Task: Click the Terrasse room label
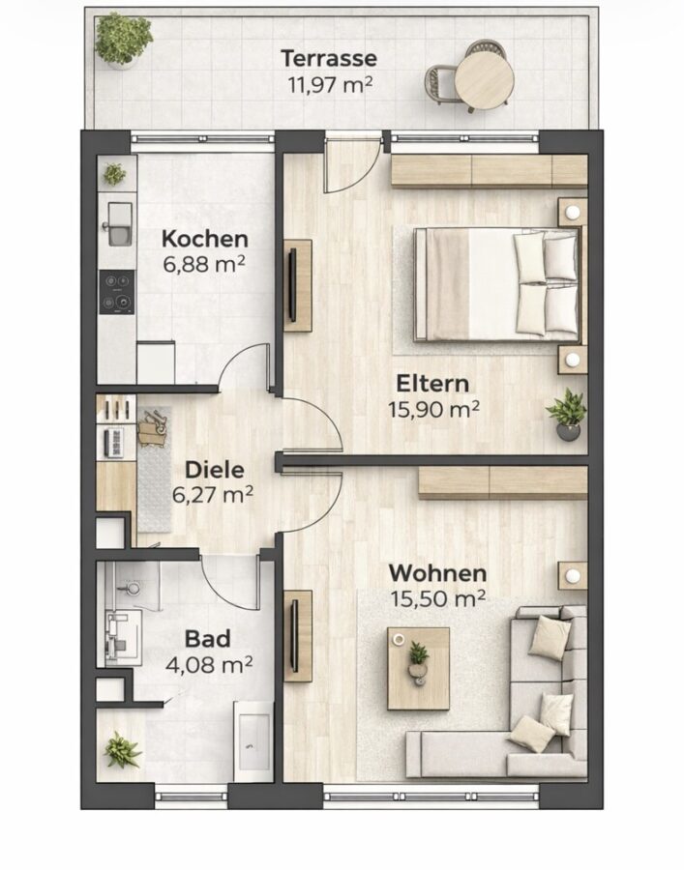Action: coord(329,58)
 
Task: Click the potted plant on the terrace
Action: coord(123,40)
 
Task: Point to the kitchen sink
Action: coord(119,224)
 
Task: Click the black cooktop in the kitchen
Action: coord(117,292)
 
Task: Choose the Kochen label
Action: coord(205,239)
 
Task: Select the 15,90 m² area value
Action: coord(433,410)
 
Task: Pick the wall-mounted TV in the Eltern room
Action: coord(292,284)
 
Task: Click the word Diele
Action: coord(215,470)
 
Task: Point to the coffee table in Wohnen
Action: coord(419,669)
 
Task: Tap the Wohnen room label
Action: coord(437,573)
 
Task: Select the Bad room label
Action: coord(207,639)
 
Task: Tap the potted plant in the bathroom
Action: coord(122,749)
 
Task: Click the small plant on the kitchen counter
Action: coord(114,174)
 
